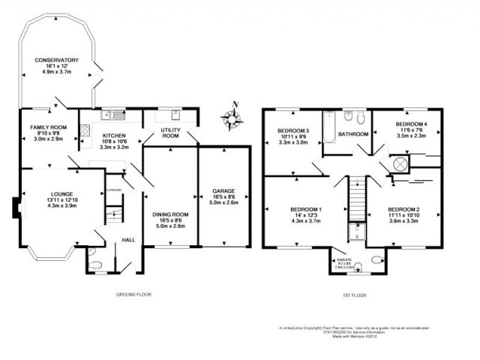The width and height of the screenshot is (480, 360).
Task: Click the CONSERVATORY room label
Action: (x=56, y=59)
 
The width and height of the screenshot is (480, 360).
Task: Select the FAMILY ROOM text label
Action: (x=49, y=127)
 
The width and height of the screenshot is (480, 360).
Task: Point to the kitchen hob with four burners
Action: (x=118, y=115)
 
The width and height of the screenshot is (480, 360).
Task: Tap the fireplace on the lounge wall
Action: (x=16, y=206)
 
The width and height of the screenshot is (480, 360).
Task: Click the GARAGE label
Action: (x=223, y=190)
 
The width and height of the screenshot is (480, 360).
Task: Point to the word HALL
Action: (x=128, y=240)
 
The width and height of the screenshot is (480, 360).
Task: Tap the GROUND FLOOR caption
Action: (x=133, y=295)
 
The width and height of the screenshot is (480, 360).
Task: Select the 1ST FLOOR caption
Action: (x=354, y=295)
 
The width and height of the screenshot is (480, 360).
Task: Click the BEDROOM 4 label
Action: (x=411, y=124)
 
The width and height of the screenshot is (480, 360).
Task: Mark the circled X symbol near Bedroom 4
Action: (x=400, y=164)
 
